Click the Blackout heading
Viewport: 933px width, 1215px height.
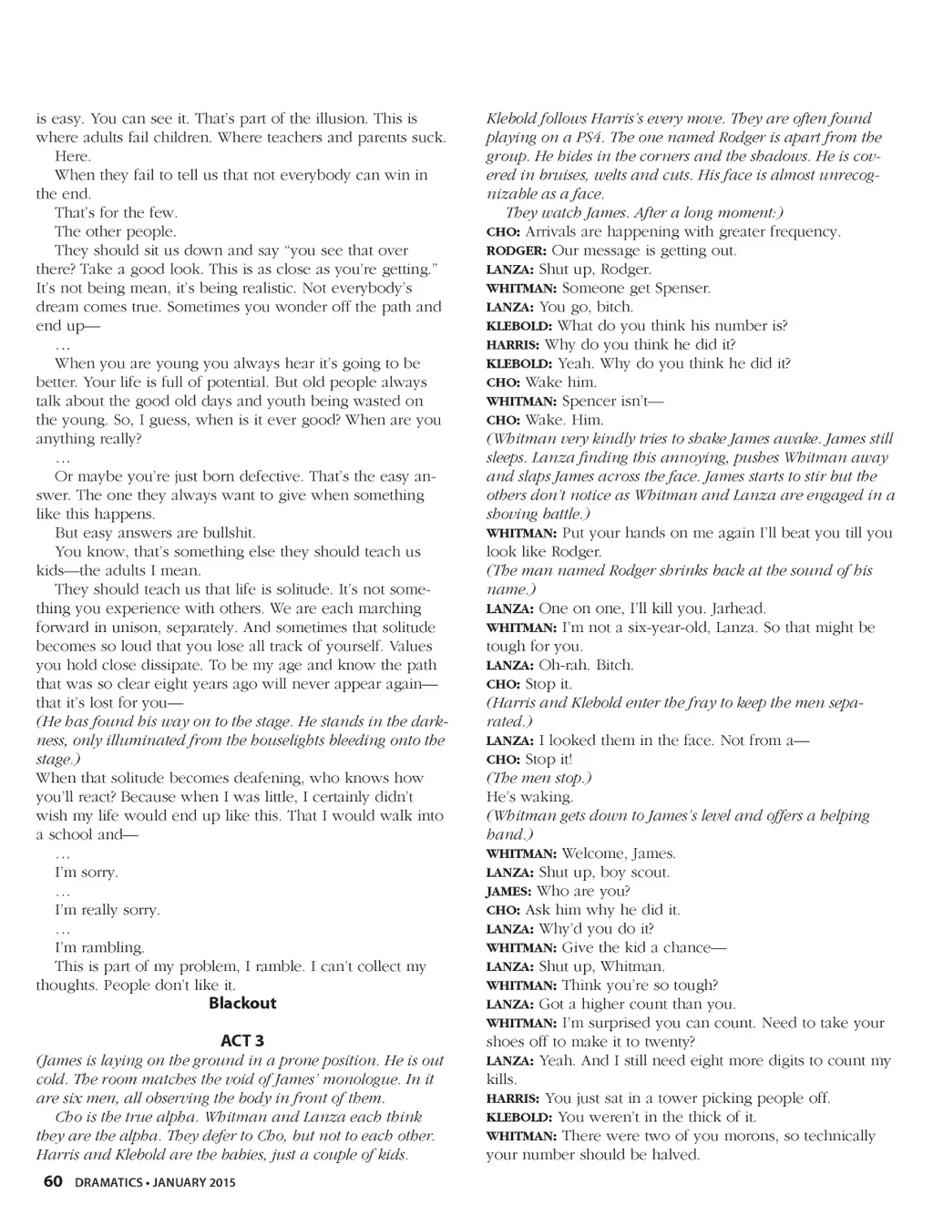242,1004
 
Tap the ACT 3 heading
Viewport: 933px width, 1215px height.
242,1041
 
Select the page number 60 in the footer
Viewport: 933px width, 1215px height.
53,1182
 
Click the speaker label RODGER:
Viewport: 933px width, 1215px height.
517,251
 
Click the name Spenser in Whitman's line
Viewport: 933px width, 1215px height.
682,289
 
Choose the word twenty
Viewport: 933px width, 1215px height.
668,1042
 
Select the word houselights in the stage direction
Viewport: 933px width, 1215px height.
266,740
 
